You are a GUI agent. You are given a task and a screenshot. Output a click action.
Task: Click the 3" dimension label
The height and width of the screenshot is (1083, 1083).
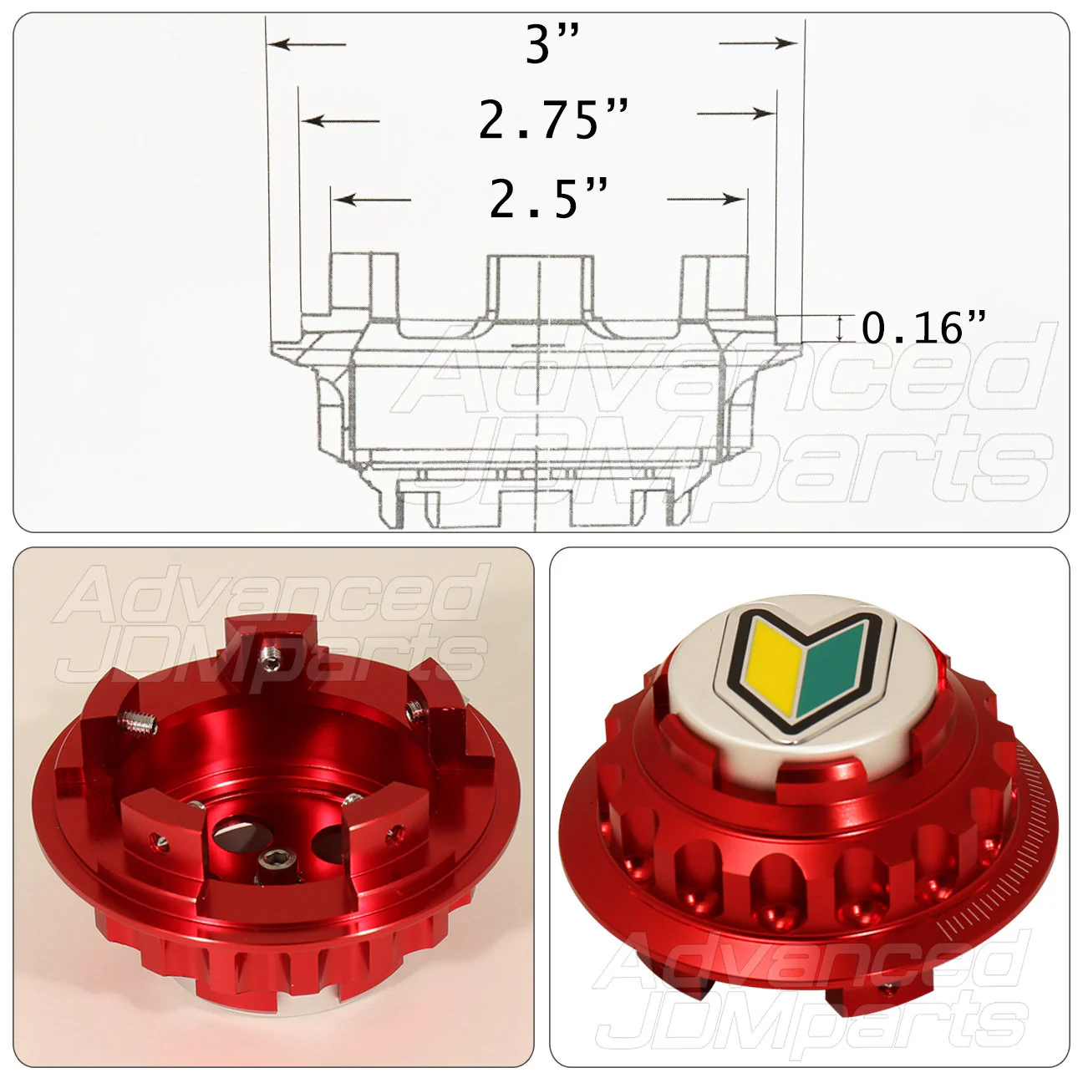click(552, 43)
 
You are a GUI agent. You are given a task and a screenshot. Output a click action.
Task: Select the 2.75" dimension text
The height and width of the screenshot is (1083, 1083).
click(553, 119)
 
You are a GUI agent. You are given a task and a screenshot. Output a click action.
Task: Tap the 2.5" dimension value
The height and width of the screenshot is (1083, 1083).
click(548, 198)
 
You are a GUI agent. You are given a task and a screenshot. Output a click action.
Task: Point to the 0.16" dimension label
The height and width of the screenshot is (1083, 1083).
click(923, 328)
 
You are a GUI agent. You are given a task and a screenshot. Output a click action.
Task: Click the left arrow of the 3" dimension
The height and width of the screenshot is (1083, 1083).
click(307, 43)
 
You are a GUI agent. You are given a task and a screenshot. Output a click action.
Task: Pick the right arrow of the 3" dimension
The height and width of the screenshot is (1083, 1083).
click(758, 43)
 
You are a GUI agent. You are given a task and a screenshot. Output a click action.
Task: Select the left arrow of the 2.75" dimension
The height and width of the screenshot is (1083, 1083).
click(341, 120)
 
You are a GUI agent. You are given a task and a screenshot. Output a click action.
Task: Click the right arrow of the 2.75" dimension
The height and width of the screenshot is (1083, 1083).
click(736, 114)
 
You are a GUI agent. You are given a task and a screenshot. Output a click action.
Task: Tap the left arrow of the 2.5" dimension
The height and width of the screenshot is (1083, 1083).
click(372, 200)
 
